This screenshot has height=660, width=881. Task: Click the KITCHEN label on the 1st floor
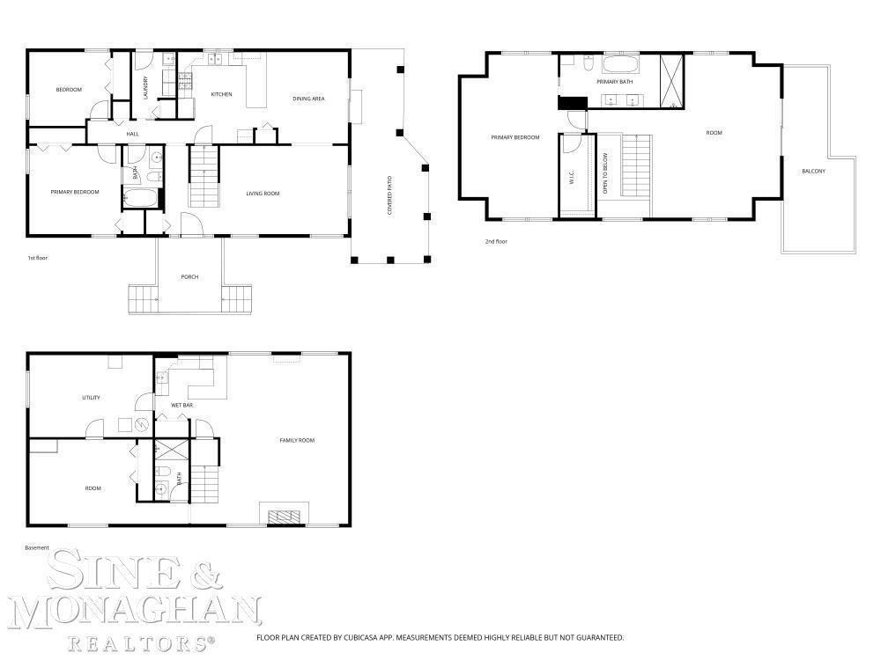pos(221,94)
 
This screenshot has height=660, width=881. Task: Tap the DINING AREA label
pos(308,99)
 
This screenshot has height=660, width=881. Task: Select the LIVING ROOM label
pos(263,194)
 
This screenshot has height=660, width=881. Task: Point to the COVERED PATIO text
pos(389,195)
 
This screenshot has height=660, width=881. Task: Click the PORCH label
pos(189,276)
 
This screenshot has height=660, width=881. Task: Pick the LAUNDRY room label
pos(145,88)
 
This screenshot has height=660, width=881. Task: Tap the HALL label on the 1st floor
pos(133,134)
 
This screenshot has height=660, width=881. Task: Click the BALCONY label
pos(813,172)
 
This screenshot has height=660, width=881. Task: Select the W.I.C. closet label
pos(572,178)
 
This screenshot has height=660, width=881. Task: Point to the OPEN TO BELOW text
pos(605,173)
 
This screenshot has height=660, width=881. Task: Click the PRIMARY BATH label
pos(615,82)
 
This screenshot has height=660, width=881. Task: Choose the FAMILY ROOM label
pos(297,441)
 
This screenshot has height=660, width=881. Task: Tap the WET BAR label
pos(182,405)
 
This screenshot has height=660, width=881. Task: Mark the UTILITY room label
pos(91,398)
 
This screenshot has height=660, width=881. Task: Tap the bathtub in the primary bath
pos(621,64)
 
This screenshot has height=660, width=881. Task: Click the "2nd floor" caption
pos(496,242)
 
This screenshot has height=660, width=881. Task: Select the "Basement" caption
pos(37,547)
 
